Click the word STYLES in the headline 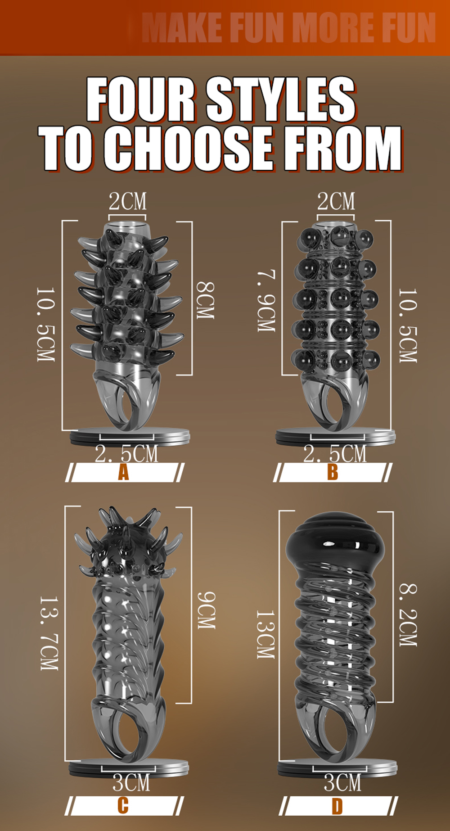pos(281,99)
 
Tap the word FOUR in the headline pos(141,99)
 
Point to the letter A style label pos(123,472)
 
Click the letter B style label pos(333,472)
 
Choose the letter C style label pos(123,805)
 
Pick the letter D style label pos(337,806)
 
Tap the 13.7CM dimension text pos(49,633)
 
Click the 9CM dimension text pos(207,610)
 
